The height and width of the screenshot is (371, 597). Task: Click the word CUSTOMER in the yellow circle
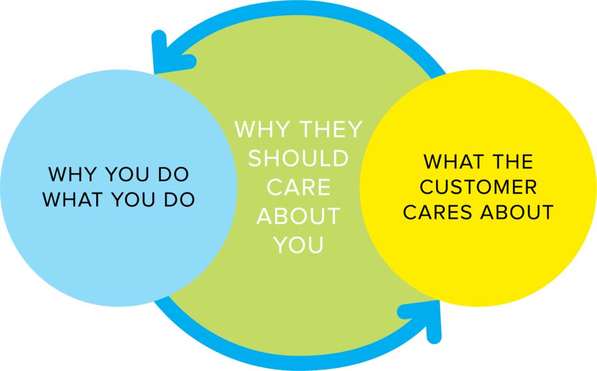pyautogui.click(x=479, y=187)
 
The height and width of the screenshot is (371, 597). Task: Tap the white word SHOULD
pyautogui.click(x=298, y=159)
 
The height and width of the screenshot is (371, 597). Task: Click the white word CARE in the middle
pyautogui.click(x=298, y=187)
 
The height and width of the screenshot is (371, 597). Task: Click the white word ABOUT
pyautogui.click(x=298, y=216)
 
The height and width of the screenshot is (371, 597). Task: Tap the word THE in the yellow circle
pyautogui.click(x=514, y=161)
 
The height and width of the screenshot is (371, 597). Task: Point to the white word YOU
pyautogui.click(x=298, y=245)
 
